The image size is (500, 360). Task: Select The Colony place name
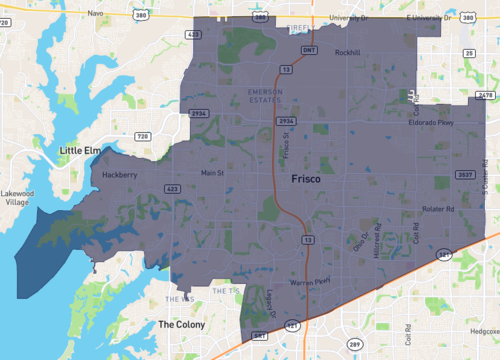pyautogui.click(x=181, y=325)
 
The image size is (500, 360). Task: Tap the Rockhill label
pyautogui.click(x=347, y=52)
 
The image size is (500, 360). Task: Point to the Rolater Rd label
pyautogui.click(x=437, y=209)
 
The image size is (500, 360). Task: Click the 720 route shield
pyautogui.click(x=142, y=135)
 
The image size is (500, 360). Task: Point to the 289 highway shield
pyautogui.click(x=353, y=344)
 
